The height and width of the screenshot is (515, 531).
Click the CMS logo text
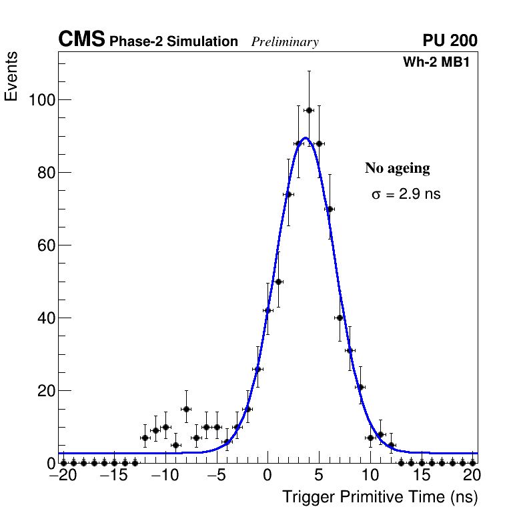coord(81,40)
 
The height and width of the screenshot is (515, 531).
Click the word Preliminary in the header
coord(285,42)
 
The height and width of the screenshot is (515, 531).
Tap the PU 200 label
coord(450,41)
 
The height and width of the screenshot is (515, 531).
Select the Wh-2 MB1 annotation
coord(440,62)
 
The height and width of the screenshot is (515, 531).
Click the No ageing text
coord(397,168)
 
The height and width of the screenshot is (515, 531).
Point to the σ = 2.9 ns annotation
coord(406,194)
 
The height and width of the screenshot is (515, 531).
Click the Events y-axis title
coord(11,77)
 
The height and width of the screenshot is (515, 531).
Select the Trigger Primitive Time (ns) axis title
coord(380,497)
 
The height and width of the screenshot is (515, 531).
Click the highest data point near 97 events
coord(309,110)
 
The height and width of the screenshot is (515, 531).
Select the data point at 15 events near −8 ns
coord(186,409)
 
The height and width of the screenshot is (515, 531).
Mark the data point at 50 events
coord(278,282)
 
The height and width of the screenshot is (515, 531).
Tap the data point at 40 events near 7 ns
coord(340,318)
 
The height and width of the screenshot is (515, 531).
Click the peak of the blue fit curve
coord(305,138)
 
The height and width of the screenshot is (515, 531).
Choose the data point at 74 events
coord(288,194)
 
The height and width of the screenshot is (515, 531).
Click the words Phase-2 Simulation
coord(173,42)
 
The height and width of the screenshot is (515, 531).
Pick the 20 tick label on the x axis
coord(472,476)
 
